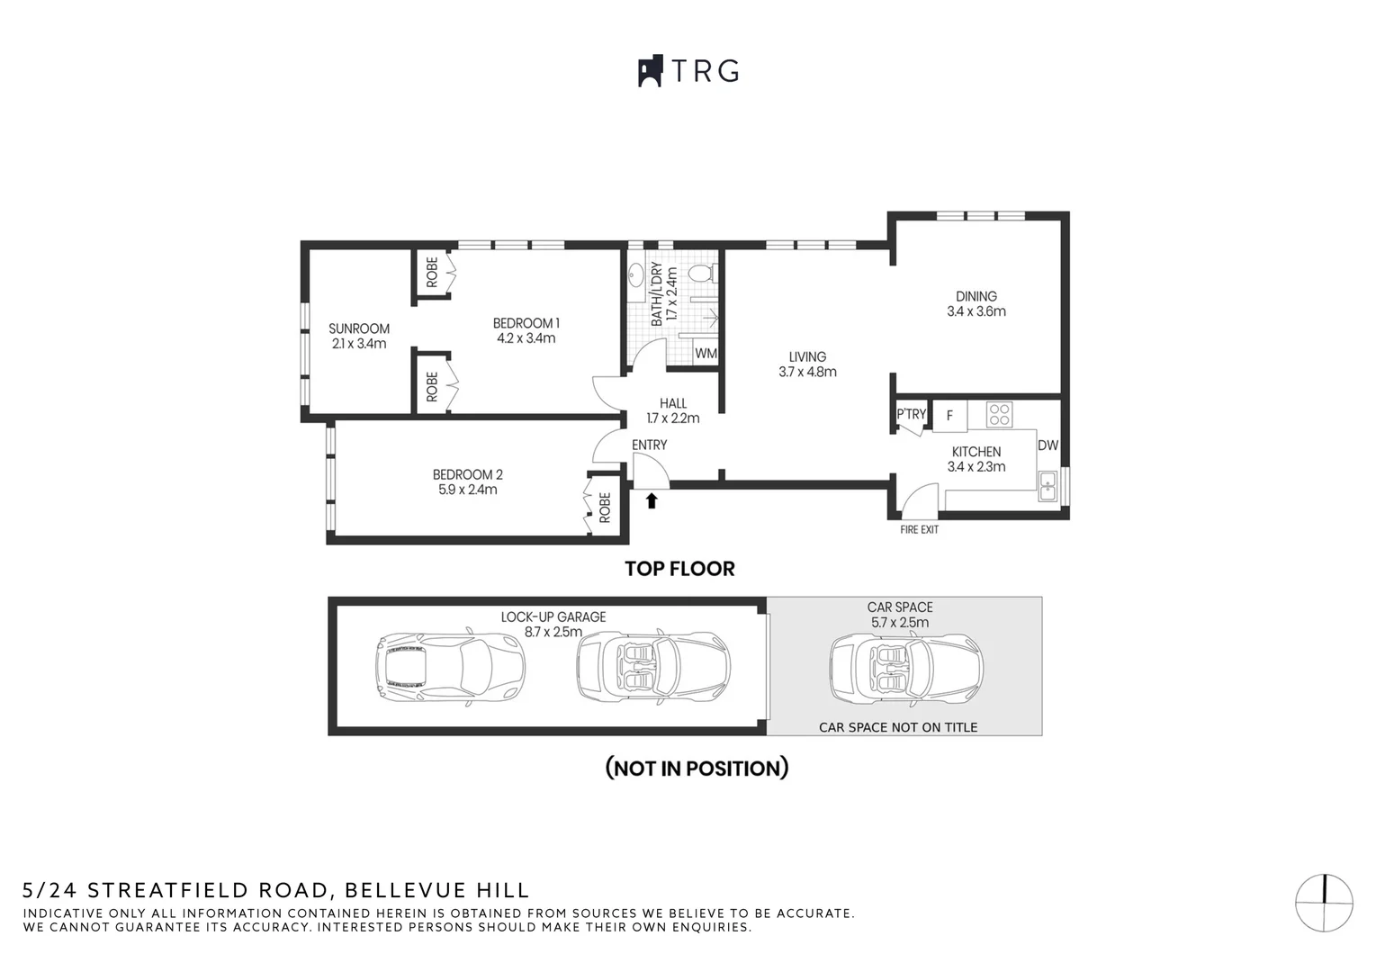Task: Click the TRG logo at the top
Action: (688, 71)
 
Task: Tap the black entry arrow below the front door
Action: (652, 500)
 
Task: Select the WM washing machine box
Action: (706, 354)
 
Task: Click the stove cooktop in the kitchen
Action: (999, 415)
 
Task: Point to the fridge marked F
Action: (949, 416)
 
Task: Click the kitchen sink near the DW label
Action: (1048, 486)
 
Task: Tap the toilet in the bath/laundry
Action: (699, 272)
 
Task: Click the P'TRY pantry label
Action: (911, 415)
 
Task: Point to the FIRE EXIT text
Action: (919, 530)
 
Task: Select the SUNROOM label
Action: (358, 328)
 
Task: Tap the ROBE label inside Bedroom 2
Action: (605, 508)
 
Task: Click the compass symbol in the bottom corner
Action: (1324, 902)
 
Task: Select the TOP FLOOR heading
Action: (679, 569)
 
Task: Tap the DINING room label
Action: (976, 296)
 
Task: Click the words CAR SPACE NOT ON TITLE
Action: (897, 727)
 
